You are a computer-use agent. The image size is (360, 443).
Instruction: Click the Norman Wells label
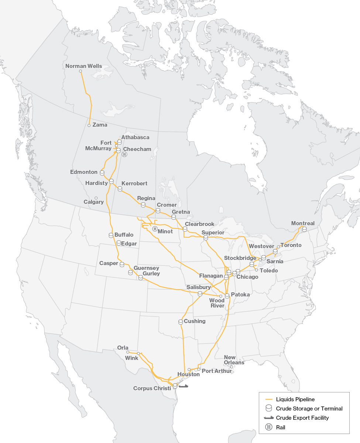[x=83, y=66]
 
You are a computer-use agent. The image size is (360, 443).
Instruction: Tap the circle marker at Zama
[x=89, y=126]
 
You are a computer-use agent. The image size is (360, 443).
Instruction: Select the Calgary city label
[x=93, y=202]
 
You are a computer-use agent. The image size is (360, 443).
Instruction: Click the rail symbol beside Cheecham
[x=124, y=155]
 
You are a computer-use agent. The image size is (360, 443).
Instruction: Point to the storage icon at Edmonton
[x=102, y=172]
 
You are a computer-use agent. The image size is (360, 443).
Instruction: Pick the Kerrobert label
[x=134, y=183]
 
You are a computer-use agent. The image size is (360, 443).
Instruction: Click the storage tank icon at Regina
[x=143, y=205]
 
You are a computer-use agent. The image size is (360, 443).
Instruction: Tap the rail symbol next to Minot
[x=155, y=229]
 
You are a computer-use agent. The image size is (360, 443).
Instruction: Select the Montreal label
[x=303, y=223]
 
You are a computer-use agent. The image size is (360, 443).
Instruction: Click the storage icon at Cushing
[x=181, y=322]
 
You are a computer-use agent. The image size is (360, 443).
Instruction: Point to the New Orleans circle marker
[x=232, y=367]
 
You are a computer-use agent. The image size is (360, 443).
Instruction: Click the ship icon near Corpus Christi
[x=183, y=386]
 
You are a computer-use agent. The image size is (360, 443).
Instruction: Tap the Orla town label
[x=123, y=348]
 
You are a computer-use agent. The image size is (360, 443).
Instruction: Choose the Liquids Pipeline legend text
[x=295, y=399]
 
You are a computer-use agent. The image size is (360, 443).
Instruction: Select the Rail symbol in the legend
[x=268, y=427]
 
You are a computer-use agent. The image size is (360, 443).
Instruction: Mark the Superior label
[x=213, y=233]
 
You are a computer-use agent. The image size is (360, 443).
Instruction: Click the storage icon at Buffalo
[x=111, y=235]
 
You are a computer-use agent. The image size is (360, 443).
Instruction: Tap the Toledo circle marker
[x=257, y=270]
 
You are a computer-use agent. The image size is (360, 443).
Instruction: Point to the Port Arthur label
[x=217, y=371]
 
